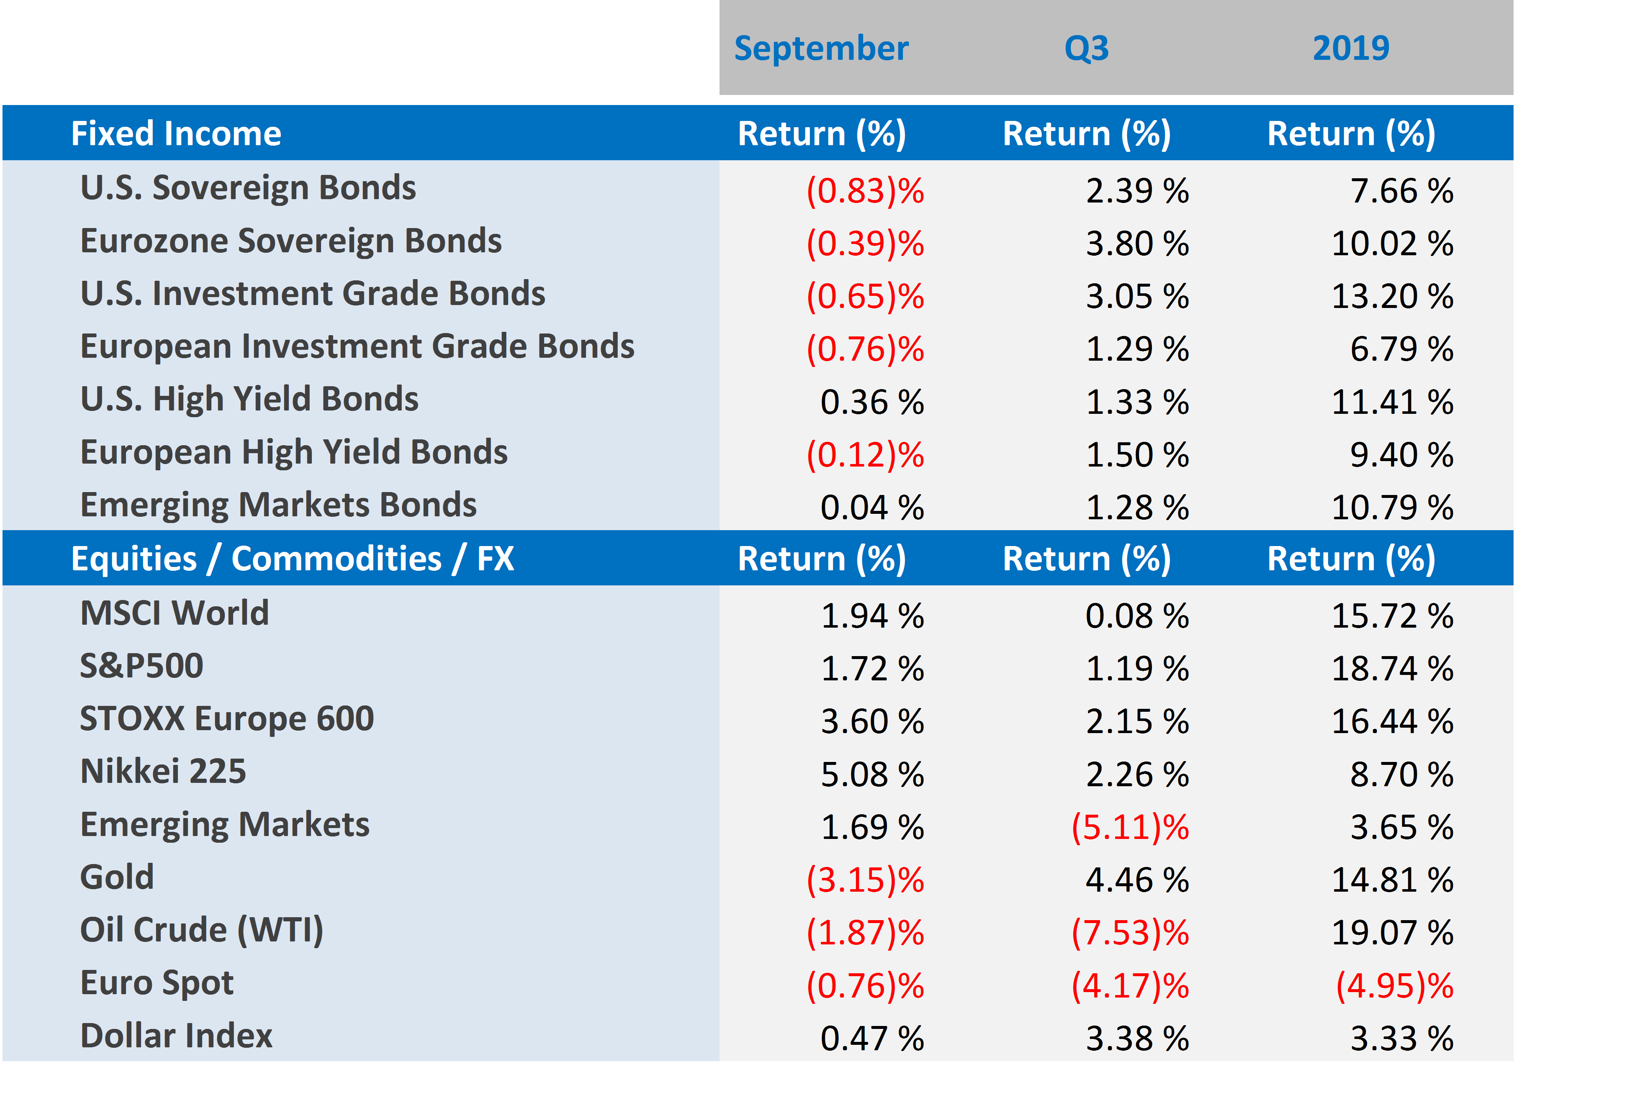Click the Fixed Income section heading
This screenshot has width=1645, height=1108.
(x=176, y=133)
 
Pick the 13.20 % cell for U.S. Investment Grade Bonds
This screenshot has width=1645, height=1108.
(x=1391, y=296)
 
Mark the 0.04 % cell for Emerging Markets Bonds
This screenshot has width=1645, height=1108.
(x=871, y=508)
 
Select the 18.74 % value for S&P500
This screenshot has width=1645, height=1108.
(x=1391, y=669)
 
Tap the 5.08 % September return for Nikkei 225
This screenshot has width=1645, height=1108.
(x=871, y=775)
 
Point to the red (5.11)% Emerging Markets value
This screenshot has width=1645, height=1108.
(x=1130, y=828)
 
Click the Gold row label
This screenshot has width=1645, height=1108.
(x=117, y=877)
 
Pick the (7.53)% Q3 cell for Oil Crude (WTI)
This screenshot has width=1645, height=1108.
(x=1130, y=933)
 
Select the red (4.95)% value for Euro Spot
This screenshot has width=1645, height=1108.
(x=1394, y=986)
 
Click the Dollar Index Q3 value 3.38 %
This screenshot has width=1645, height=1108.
(x=1137, y=1039)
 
